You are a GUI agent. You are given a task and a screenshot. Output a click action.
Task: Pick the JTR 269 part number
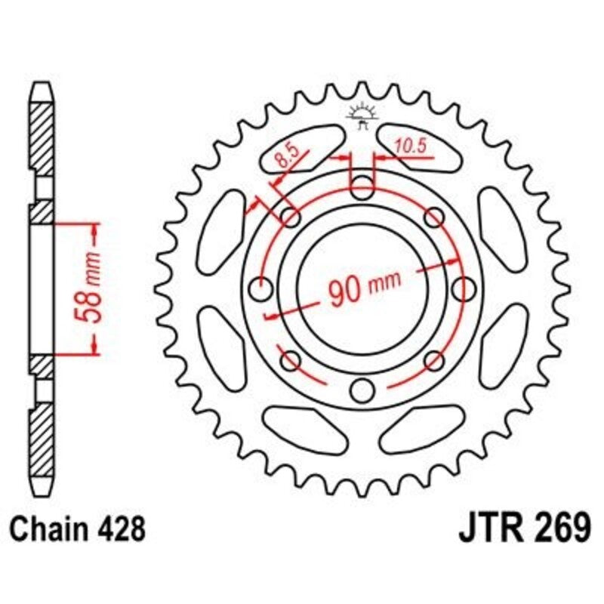(x=524, y=528)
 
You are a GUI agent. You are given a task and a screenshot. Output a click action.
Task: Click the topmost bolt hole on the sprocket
(x=362, y=186)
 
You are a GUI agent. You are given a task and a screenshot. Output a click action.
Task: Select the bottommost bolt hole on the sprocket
(x=362, y=390)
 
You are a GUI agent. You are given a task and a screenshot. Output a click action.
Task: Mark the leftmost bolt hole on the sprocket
(x=260, y=288)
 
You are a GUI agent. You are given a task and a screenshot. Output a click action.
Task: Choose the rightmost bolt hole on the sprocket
(x=464, y=288)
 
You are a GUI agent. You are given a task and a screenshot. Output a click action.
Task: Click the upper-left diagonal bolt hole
(x=290, y=217)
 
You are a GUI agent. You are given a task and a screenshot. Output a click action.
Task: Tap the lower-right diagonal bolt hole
(x=434, y=360)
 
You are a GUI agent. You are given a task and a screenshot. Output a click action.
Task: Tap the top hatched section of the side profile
(x=42, y=136)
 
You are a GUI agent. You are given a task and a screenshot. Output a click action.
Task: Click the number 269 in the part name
(x=559, y=528)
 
